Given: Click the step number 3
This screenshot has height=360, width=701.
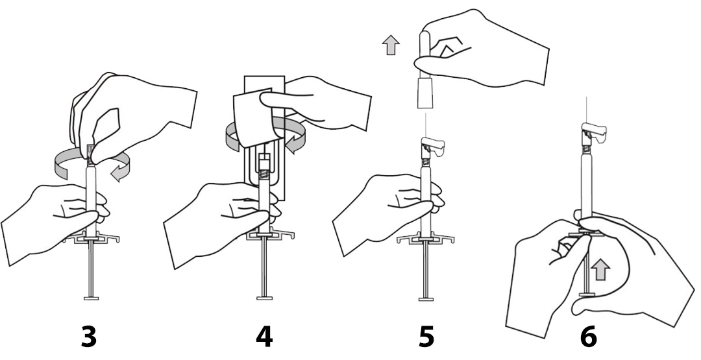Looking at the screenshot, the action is click(88, 337).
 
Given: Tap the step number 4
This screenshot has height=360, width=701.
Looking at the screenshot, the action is click(264, 337).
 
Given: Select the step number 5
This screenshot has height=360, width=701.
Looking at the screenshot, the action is click(426, 337).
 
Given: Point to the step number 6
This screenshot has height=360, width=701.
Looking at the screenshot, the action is click(589, 337).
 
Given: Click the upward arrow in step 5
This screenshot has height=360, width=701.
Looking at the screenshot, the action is click(391, 45).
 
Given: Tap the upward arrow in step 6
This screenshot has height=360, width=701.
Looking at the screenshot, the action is click(600, 270).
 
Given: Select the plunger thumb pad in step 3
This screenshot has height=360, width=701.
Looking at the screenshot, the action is click(92, 298).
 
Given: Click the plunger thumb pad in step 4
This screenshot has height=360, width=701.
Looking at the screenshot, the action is click(264, 298).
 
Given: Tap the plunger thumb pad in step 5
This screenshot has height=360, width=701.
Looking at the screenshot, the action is click(426, 298).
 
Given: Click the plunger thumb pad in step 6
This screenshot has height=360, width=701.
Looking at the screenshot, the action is click(586, 294).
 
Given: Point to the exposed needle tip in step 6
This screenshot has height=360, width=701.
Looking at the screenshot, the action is click(586, 98).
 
